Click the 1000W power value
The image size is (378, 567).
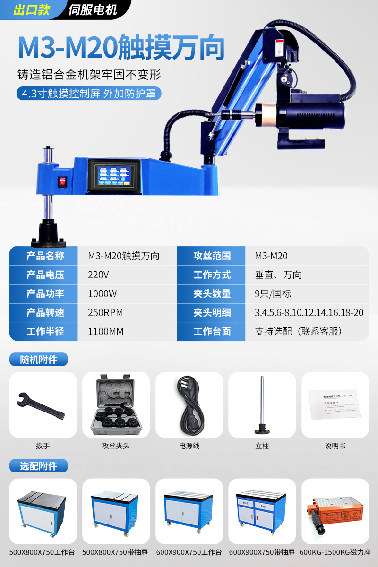click(102, 294)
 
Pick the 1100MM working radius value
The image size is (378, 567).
click(106, 332)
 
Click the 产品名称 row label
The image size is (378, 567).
click(45, 256)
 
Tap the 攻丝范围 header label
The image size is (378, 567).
click(212, 256)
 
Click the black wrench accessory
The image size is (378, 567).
click(42, 405)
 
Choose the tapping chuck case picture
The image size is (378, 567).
click(116, 405)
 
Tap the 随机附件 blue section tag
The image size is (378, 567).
click(39, 360)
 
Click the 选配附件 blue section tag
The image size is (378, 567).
click(39, 466)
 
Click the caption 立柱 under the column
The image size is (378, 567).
click(262, 446)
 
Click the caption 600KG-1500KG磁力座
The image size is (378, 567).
click(335, 552)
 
